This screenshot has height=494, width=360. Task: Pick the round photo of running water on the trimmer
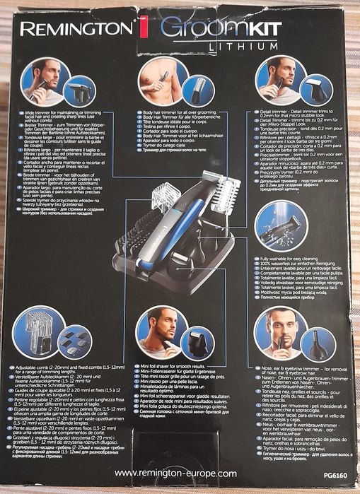(x=281, y=228)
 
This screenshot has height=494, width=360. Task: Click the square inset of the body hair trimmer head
(x=199, y=90)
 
